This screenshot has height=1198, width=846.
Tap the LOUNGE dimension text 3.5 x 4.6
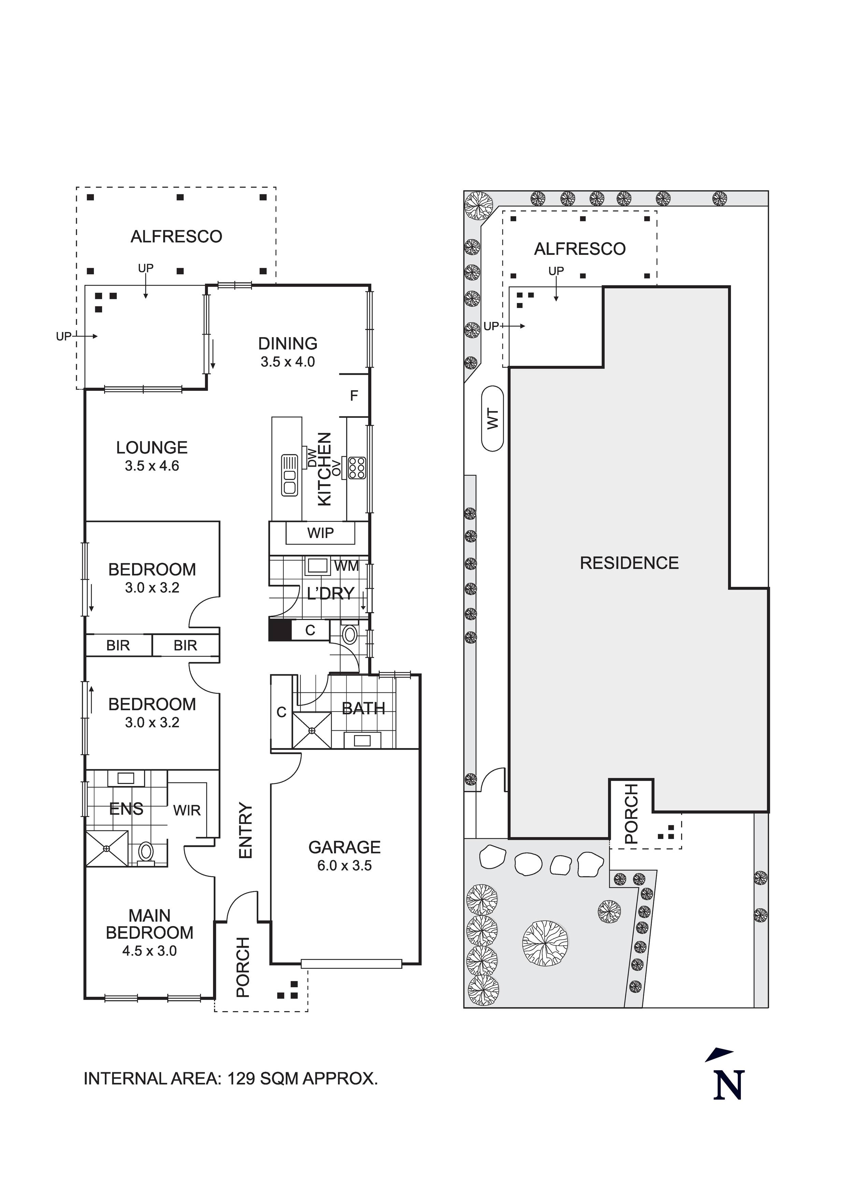[152, 466]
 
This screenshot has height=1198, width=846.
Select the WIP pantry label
[320, 533]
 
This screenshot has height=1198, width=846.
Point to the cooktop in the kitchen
[357, 468]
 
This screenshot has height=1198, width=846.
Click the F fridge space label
[354, 396]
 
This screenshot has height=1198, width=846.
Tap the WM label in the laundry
[346, 566]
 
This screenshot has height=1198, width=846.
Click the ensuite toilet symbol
[145, 853]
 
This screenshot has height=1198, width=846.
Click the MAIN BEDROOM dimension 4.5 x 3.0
[150, 951]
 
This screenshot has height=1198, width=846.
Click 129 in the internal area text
[241, 1078]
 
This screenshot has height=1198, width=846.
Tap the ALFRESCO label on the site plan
[579, 249]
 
